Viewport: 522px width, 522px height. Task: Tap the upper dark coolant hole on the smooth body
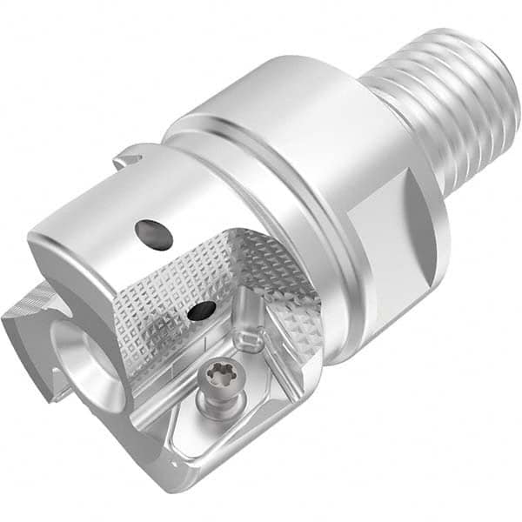[x=154, y=235]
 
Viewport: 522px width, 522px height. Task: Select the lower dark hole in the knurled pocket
[x=203, y=309]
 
